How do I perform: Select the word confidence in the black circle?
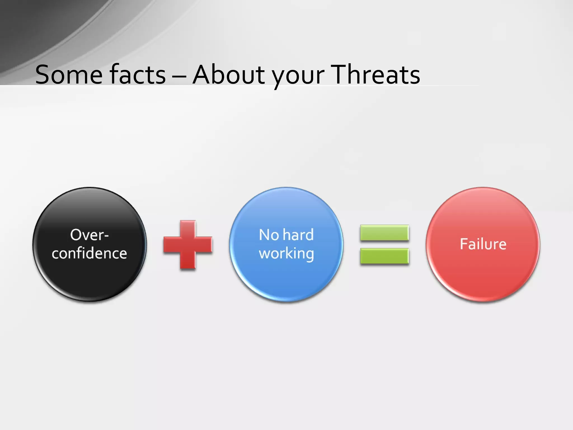click(89, 253)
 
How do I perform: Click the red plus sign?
click(188, 245)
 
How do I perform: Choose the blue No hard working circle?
click(286, 280)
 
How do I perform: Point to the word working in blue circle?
click(286, 254)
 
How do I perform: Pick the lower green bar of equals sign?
click(384, 256)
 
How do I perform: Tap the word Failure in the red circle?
click(483, 244)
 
